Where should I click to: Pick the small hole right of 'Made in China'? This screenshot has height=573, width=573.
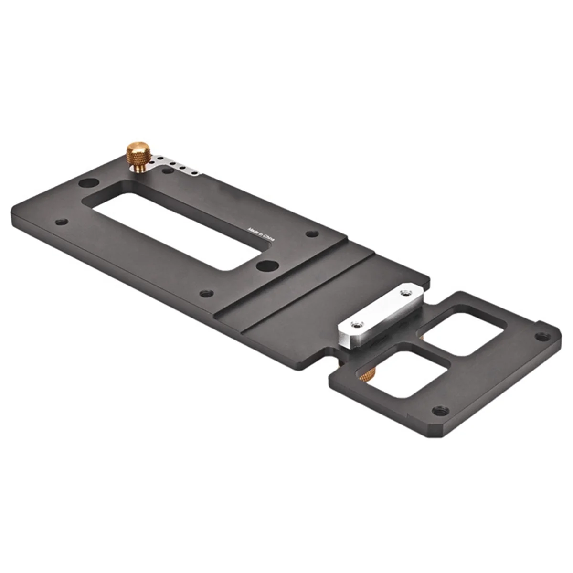[312, 233]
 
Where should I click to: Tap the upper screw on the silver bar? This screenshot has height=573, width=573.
[406, 290]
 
